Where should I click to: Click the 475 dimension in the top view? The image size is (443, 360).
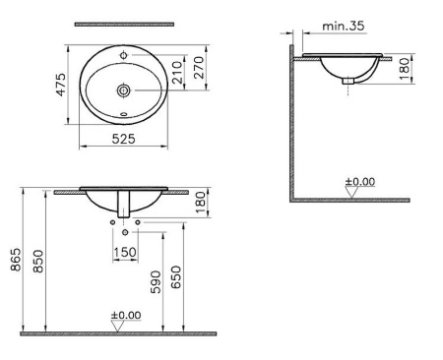pos(60,84)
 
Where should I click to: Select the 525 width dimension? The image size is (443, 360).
pos(123,140)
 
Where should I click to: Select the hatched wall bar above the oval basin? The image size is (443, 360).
pos(124,23)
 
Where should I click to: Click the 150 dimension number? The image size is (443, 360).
pos(124,253)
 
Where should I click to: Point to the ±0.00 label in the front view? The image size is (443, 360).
pos(125,316)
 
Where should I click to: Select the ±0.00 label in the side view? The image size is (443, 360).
pos(359,182)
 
